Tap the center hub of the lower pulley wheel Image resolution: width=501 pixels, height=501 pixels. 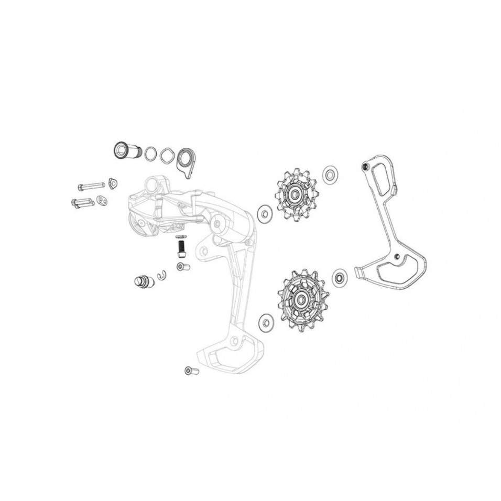[301, 300]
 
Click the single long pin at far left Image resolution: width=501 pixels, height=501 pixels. [91, 186]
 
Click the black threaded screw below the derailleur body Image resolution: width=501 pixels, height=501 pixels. [181, 246]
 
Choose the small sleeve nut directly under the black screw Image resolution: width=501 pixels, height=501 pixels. [182, 267]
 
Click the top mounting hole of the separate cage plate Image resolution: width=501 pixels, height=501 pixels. [365, 167]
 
